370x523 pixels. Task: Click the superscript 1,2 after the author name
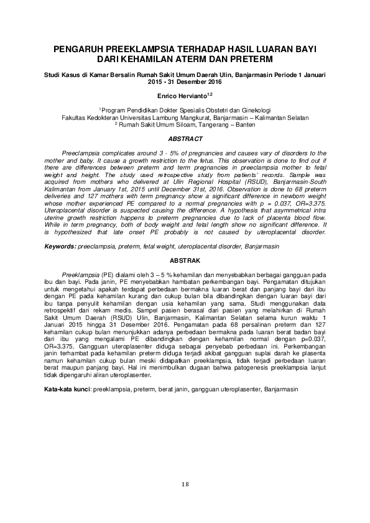(x=210, y=93)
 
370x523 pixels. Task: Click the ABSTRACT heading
(x=185, y=139)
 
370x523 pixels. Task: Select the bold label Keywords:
(x=59, y=247)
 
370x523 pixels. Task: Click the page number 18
(x=185, y=484)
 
